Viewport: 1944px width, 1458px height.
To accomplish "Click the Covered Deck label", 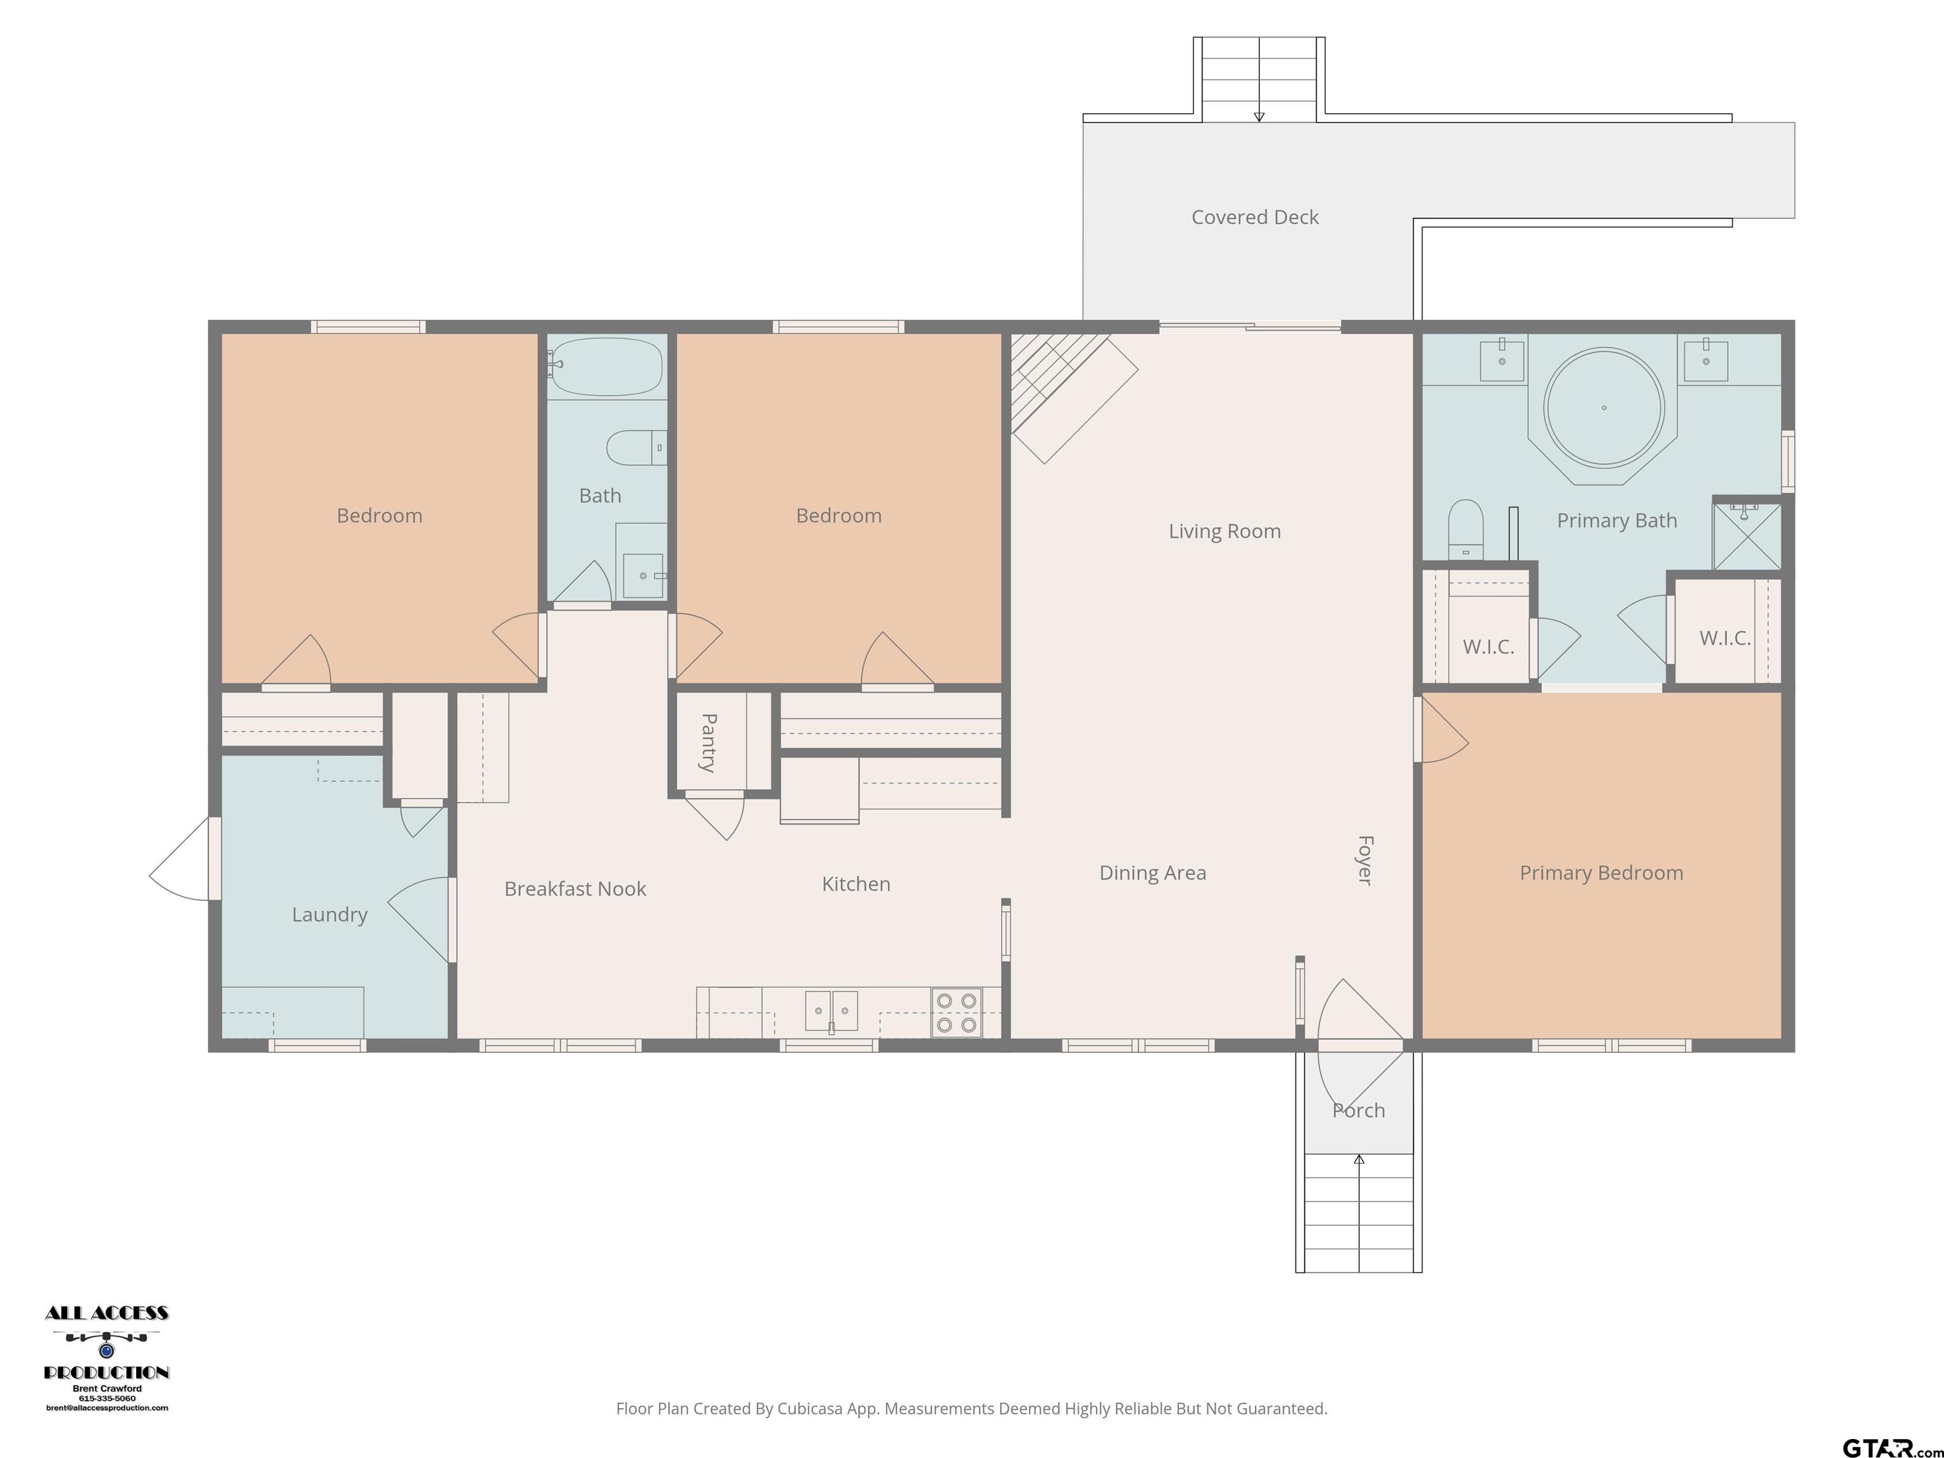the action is pyautogui.click(x=1254, y=217).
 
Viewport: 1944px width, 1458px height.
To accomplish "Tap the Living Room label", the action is pyautogui.click(x=1224, y=531).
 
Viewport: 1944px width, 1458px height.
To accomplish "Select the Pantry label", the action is pyautogui.click(x=708, y=743).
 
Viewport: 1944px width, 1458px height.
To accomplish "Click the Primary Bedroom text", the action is pyautogui.click(x=1601, y=873).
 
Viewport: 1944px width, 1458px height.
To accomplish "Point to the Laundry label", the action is pyautogui.click(x=330, y=915).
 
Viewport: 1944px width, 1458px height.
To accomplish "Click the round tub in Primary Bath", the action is pyautogui.click(x=1604, y=408).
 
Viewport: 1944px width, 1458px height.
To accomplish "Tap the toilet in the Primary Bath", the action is pyautogui.click(x=1465, y=529).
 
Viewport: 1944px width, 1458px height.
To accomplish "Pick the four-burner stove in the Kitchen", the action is pyautogui.click(x=956, y=1012).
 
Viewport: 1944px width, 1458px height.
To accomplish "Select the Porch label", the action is pyautogui.click(x=1359, y=1111).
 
